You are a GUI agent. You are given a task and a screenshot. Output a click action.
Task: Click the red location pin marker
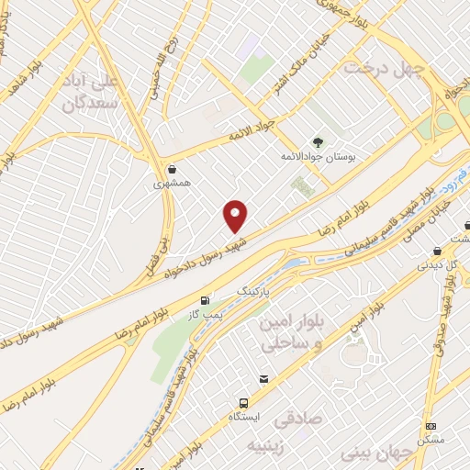pyautogui.click(x=236, y=216)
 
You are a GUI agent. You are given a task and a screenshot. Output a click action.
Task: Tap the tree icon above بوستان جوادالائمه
pyautogui.click(x=319, y=141)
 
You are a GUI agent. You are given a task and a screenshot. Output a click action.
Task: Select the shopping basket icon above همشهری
pyautogui.click(x=173, y=169)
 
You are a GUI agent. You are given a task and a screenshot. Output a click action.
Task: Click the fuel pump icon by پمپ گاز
pyautogui.click(x=204, y=300)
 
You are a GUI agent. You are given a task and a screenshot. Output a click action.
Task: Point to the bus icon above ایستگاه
pyautogui.click(x=243, y=402)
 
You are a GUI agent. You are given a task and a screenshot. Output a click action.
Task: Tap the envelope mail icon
pyautogui.click(x=264, y=379)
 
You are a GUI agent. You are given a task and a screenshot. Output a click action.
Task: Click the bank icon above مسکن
pyautogui.click(x=432, y=426)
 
